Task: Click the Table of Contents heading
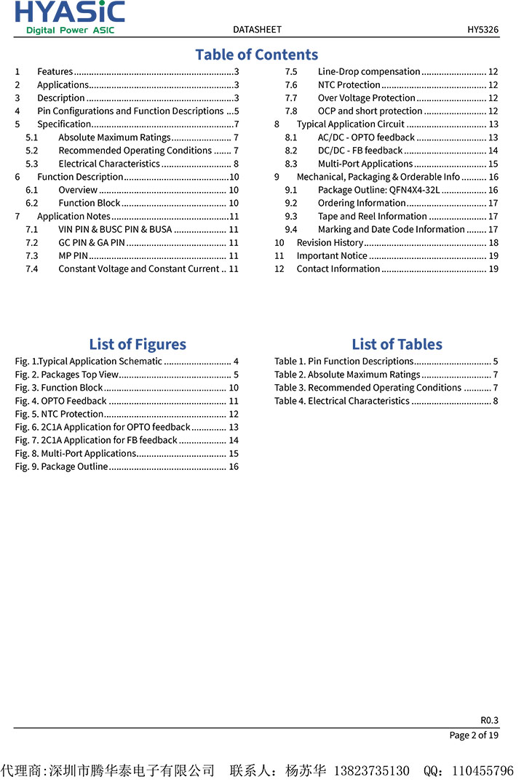256,55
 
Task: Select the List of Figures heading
138,344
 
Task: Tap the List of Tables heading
397,344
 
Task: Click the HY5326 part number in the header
483,30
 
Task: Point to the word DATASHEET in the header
257,30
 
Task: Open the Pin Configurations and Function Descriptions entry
130,111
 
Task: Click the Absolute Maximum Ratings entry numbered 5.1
114,137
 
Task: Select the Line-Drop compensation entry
369,71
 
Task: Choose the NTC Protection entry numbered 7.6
349,84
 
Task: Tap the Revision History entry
330,242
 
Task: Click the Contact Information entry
338,268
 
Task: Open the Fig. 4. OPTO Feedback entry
61,401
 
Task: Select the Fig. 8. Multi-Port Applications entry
76,453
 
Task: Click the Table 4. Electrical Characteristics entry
342,401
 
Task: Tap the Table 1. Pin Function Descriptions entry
344,362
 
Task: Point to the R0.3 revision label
489,719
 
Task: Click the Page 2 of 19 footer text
474,735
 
